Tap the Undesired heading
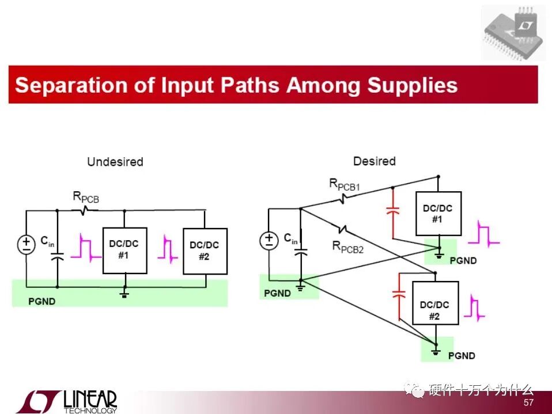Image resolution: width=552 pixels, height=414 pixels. point(115,162)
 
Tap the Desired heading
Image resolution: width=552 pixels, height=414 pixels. point(374,161)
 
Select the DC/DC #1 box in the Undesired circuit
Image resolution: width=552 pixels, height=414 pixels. point(124,250)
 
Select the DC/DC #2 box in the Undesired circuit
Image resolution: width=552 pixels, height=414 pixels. point(205,251)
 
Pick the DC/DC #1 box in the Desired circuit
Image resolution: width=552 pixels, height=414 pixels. point(437,214)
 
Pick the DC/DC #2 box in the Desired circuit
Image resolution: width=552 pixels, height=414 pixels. point(435,310)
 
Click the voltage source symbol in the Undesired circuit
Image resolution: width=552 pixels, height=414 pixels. point(27,245)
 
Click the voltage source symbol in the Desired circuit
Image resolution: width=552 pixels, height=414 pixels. point(269,239)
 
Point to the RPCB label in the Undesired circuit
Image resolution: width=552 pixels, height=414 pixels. point(86,197)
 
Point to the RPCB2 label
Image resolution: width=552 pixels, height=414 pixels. point(348,247)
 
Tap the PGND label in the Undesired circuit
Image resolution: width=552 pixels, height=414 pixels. point(41,301)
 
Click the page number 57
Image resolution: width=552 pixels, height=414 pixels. point(528,403)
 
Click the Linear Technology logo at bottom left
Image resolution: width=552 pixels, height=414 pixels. point(66,401)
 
